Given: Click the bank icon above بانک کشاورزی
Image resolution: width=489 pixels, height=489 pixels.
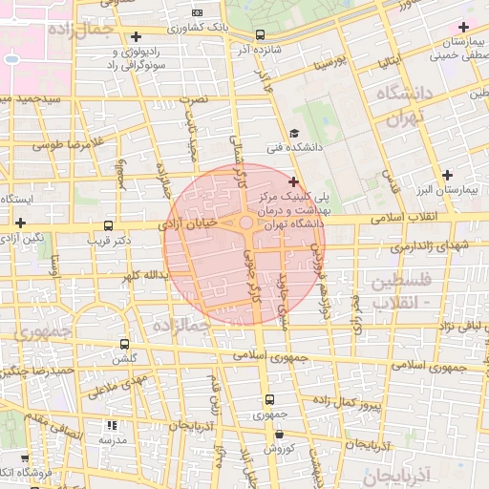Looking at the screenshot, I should click(198, 13).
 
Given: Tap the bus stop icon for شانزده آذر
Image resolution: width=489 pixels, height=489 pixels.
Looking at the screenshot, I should click(261, 35).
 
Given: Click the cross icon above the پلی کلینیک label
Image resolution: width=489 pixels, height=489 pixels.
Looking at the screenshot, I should click(293, 181).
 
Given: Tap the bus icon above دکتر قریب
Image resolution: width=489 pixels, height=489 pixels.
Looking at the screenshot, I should click(108, 226).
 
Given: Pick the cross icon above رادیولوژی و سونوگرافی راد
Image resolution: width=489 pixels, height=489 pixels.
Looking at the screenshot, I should click(137, 36).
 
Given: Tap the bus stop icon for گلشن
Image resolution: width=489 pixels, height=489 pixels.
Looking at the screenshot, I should click(124, 344).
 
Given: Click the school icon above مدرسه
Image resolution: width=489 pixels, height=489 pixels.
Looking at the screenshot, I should click(112, 425).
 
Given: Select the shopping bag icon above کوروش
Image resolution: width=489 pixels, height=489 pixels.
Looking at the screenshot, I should click(278, 433).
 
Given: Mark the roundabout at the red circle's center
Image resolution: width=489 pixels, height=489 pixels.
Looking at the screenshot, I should click(245, 225).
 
